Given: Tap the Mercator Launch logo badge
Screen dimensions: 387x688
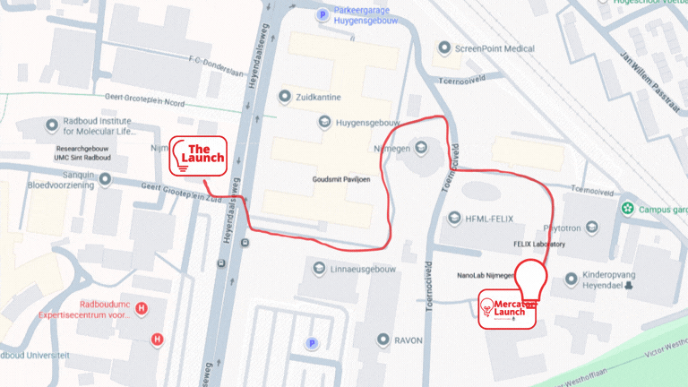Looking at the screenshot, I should pyautogui.click(x=506, y=309).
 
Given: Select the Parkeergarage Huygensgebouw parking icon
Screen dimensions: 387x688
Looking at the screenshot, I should pyautogui.click(x=322, y=14).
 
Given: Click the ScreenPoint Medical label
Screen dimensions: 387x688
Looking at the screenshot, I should pyautogui.click(x=494, y=48).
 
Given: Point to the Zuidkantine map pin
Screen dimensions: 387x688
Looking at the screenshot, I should pyautogui.click(x=285, y=95).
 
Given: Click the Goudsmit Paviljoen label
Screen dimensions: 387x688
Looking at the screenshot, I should pyautogui.click(x=340, y=180).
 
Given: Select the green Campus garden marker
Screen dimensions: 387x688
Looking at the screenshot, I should pyautogui.click(x=628, y=209).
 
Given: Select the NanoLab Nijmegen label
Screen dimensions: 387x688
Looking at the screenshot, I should pyautogui.click(x=484, y=275).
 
